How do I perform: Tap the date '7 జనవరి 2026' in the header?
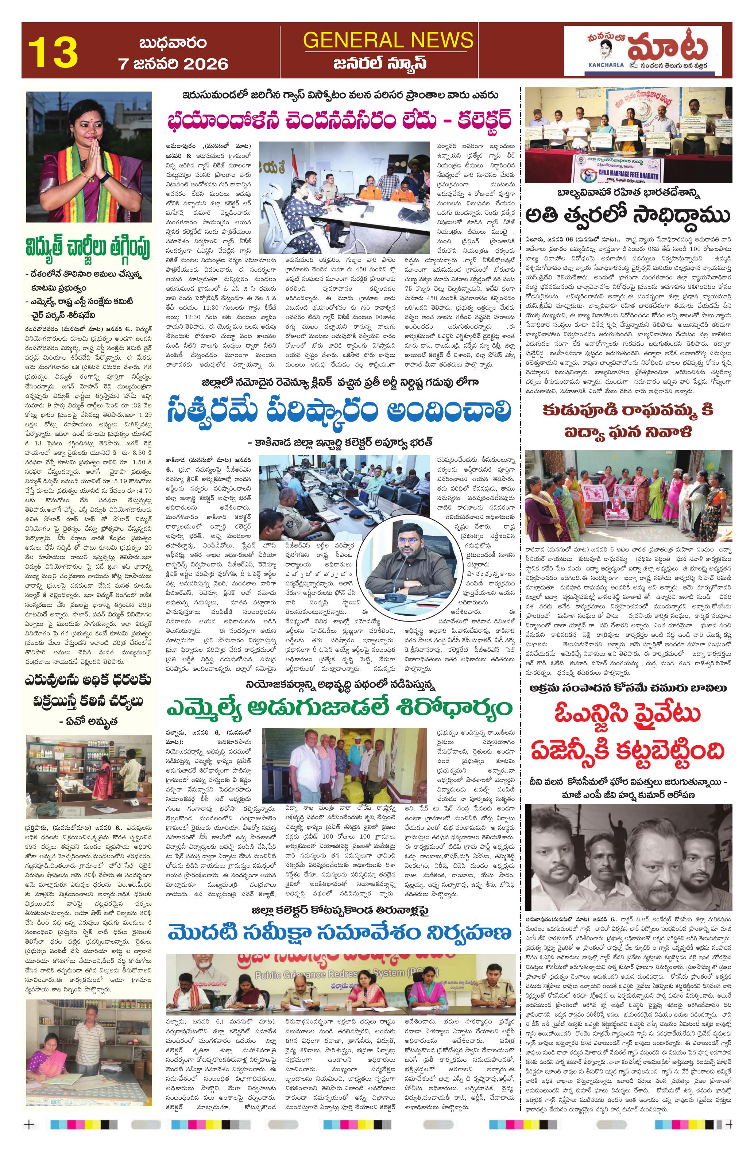tap(174, 64)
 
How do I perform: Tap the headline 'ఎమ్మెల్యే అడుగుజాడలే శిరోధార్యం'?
tap(339, 708)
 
